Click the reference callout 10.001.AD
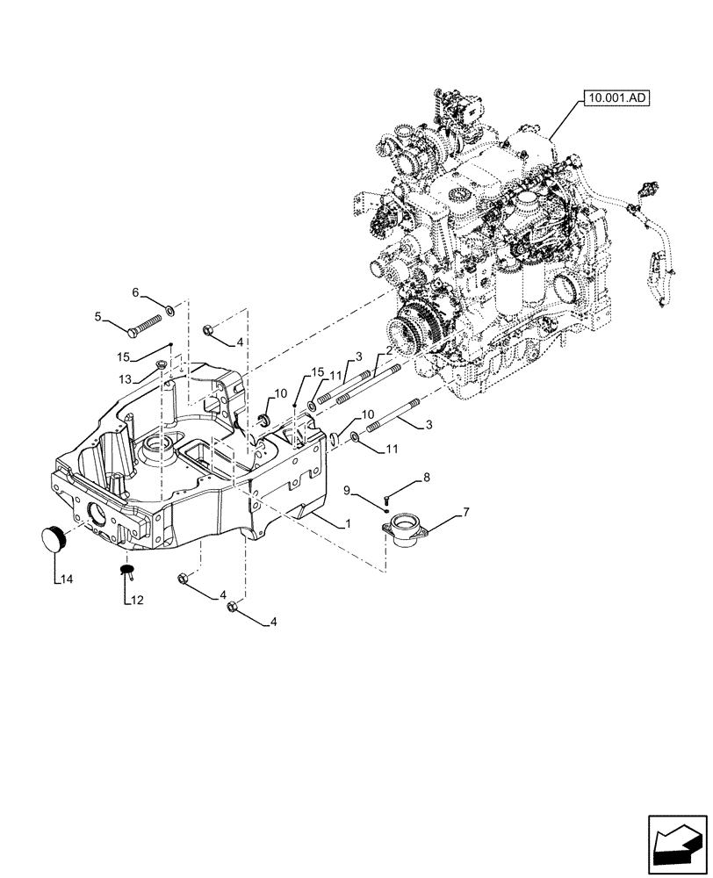point(614,100)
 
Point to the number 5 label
point(98,316)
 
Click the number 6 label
point(135,291)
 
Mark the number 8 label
point(427,478)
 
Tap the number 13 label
point(126,378)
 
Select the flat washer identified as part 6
point(170,309)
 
